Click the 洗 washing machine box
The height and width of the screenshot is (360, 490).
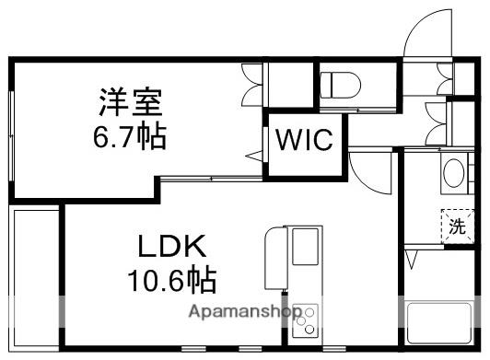pyautogui.click(x=457, y=226)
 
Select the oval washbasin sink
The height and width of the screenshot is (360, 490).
pyautogui.click(x=454, y=173)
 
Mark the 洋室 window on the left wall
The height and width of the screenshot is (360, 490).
pyautogui.click(x=11, y=129)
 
